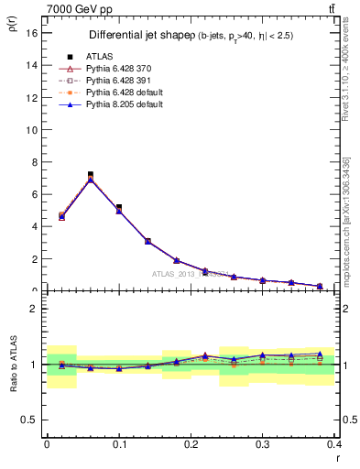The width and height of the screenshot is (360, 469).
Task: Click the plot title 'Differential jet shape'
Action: coord(137,35)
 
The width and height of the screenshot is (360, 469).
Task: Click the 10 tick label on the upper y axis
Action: coord(31,129)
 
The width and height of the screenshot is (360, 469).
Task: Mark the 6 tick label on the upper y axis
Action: coord(33,194)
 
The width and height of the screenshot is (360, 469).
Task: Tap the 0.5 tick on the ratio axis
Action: coord(29,420)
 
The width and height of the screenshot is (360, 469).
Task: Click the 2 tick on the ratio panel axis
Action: coord(33,309)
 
